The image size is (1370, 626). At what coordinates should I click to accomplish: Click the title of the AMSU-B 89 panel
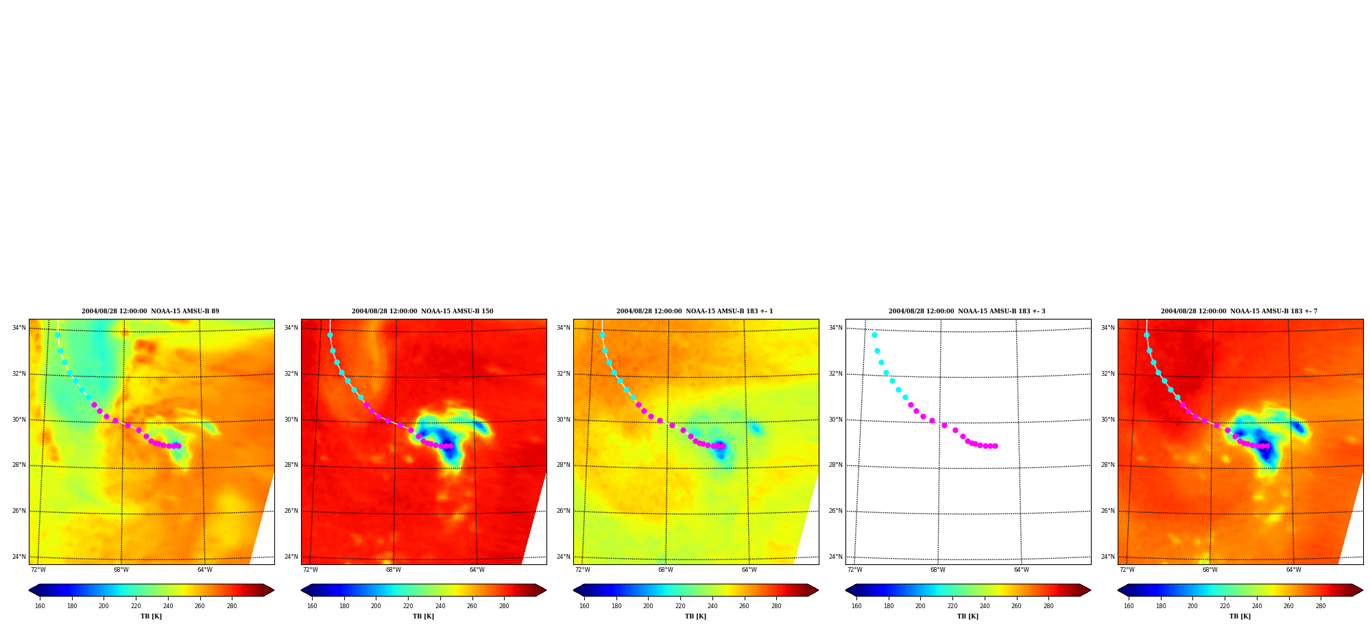(x=150, y=311)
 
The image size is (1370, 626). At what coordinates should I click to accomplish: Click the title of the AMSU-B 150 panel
(x=422, y=311)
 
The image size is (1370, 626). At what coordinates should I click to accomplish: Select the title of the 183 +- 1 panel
(x=695, y=311)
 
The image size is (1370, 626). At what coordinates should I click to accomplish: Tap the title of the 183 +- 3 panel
(x=967, y=311)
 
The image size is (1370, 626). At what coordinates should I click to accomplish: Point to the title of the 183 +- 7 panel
(x=1239, y=311)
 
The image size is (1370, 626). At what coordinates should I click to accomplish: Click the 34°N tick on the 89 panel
(x=19, y=328)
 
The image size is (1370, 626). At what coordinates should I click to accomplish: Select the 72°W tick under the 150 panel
(x=311, y=570)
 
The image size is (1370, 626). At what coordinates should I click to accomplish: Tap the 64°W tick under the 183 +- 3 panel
(x=1022, y=570)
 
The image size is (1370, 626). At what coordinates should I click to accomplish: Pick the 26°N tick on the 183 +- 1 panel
(x=564, y=511)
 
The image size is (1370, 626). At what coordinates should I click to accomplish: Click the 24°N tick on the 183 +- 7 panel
(x=1108, y=557)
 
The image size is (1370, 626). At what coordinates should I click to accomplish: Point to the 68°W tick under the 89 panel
(x=121, y=570)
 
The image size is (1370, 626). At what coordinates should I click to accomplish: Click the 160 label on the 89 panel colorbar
(x=40, y=606)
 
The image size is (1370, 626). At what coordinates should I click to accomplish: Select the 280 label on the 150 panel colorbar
(x=504, y=606)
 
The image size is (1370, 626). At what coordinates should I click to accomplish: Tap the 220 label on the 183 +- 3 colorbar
(x=952, y=606)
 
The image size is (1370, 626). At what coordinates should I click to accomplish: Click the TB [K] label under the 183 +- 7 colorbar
(x=1240, y=616)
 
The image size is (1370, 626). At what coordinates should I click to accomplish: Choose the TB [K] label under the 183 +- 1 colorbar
(x=695, y=616)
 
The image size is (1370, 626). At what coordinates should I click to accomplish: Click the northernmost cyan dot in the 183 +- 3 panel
(x=874, y=335)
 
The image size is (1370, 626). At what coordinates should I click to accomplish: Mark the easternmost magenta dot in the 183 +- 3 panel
(x=996, y=446)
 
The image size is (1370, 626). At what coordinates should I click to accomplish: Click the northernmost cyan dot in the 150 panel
(x=330, y=335)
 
